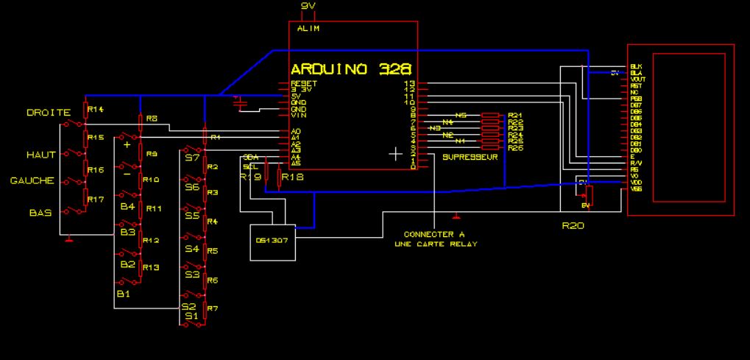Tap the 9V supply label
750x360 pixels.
click(x=309, y=7)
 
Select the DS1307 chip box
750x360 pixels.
click(x=272, y=242)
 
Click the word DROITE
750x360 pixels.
click(x=49, y=113)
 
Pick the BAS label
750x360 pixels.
click(x=40, y=212)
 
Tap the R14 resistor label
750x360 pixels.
click(x=95, y=110)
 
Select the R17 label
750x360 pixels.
click(x=95, y=200)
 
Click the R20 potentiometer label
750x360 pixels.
click(x=573, y=226)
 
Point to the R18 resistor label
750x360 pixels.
click(x=294, y=177)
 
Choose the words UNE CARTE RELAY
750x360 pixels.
click(x=436, y=244)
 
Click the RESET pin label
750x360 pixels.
click(x=303, y=84)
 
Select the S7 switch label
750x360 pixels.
click(x=192, y=158)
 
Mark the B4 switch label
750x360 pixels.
click(x=127, y=207)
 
